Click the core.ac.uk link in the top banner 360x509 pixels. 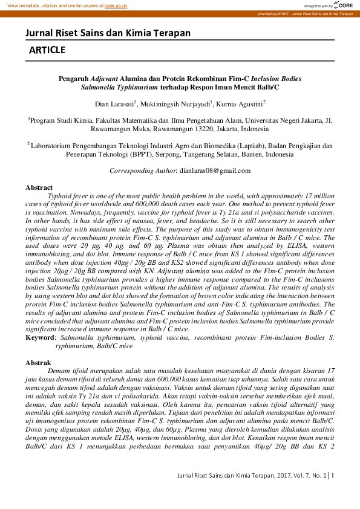tap(116, 5)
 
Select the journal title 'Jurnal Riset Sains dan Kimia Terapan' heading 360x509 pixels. tap(108, 33)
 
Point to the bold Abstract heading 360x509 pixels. tap(39, 188)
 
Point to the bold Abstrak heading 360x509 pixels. tap(38, 363)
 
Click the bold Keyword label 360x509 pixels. tap(40, 337)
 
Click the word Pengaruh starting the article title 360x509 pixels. tap(73, 79)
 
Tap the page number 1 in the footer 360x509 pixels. tap(333, 492)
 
